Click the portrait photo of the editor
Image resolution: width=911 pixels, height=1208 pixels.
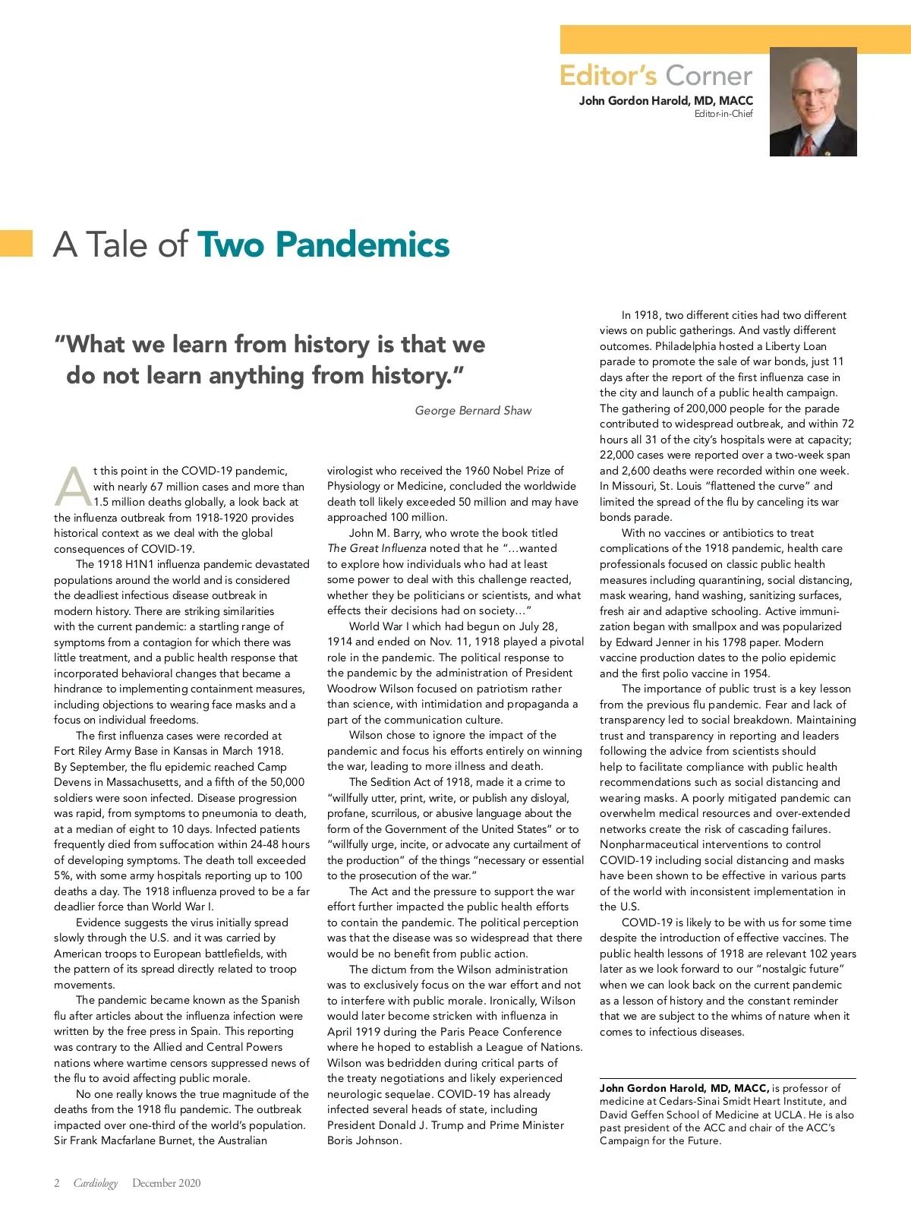(813, 101)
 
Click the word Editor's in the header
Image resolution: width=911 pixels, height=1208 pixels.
(608, 76)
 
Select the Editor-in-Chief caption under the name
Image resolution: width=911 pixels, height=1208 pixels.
(723, 114)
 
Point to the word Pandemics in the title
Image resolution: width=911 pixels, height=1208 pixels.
(362, 244)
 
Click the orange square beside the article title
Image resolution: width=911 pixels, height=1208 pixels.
(16, 243)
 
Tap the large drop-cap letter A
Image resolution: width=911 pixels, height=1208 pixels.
(72, 487)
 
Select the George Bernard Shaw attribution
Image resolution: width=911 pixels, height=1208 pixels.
(473, 411)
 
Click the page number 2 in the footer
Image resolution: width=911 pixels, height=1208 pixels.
(57, 1183)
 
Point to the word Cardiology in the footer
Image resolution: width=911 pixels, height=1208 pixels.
(96, 1183)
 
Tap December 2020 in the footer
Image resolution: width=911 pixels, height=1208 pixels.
(166, 1183)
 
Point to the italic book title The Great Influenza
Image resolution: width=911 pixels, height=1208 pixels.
(377, 548)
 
